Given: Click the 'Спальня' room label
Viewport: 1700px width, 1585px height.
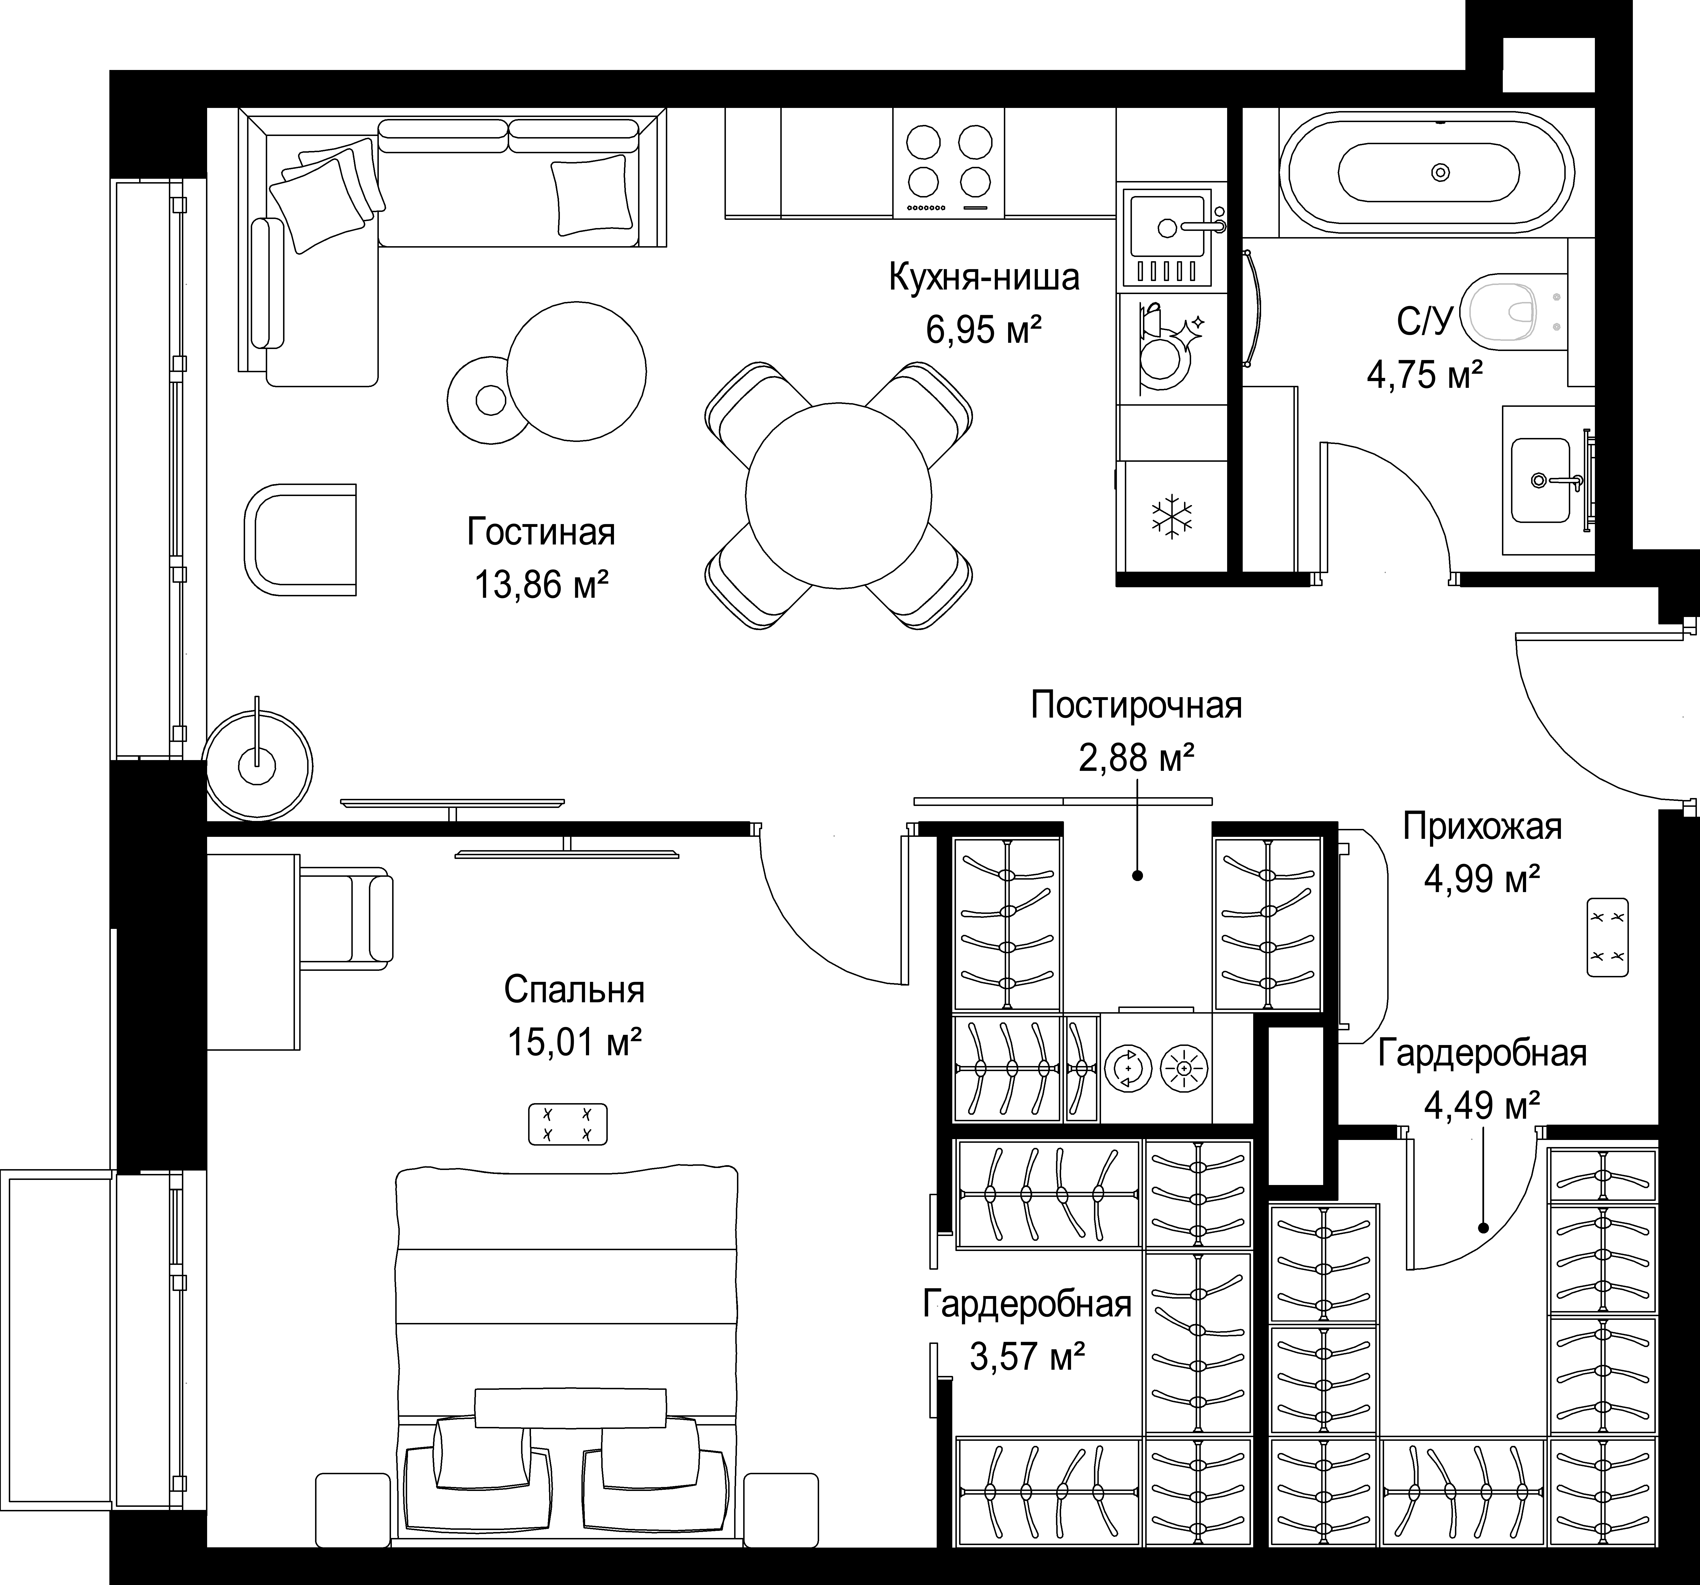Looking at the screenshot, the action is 574,990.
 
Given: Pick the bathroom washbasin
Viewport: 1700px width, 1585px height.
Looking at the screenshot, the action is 1541,480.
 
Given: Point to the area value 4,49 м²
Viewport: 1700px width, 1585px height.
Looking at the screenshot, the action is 1482,1106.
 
